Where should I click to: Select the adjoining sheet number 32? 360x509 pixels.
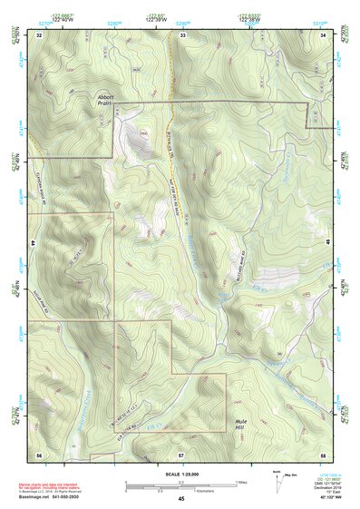(40, 34)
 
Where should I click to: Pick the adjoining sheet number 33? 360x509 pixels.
(181, 34)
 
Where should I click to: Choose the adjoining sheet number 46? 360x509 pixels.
(332, 244)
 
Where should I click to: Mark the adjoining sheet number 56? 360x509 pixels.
(40, 453)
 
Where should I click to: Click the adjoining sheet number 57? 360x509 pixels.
(181, 453)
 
